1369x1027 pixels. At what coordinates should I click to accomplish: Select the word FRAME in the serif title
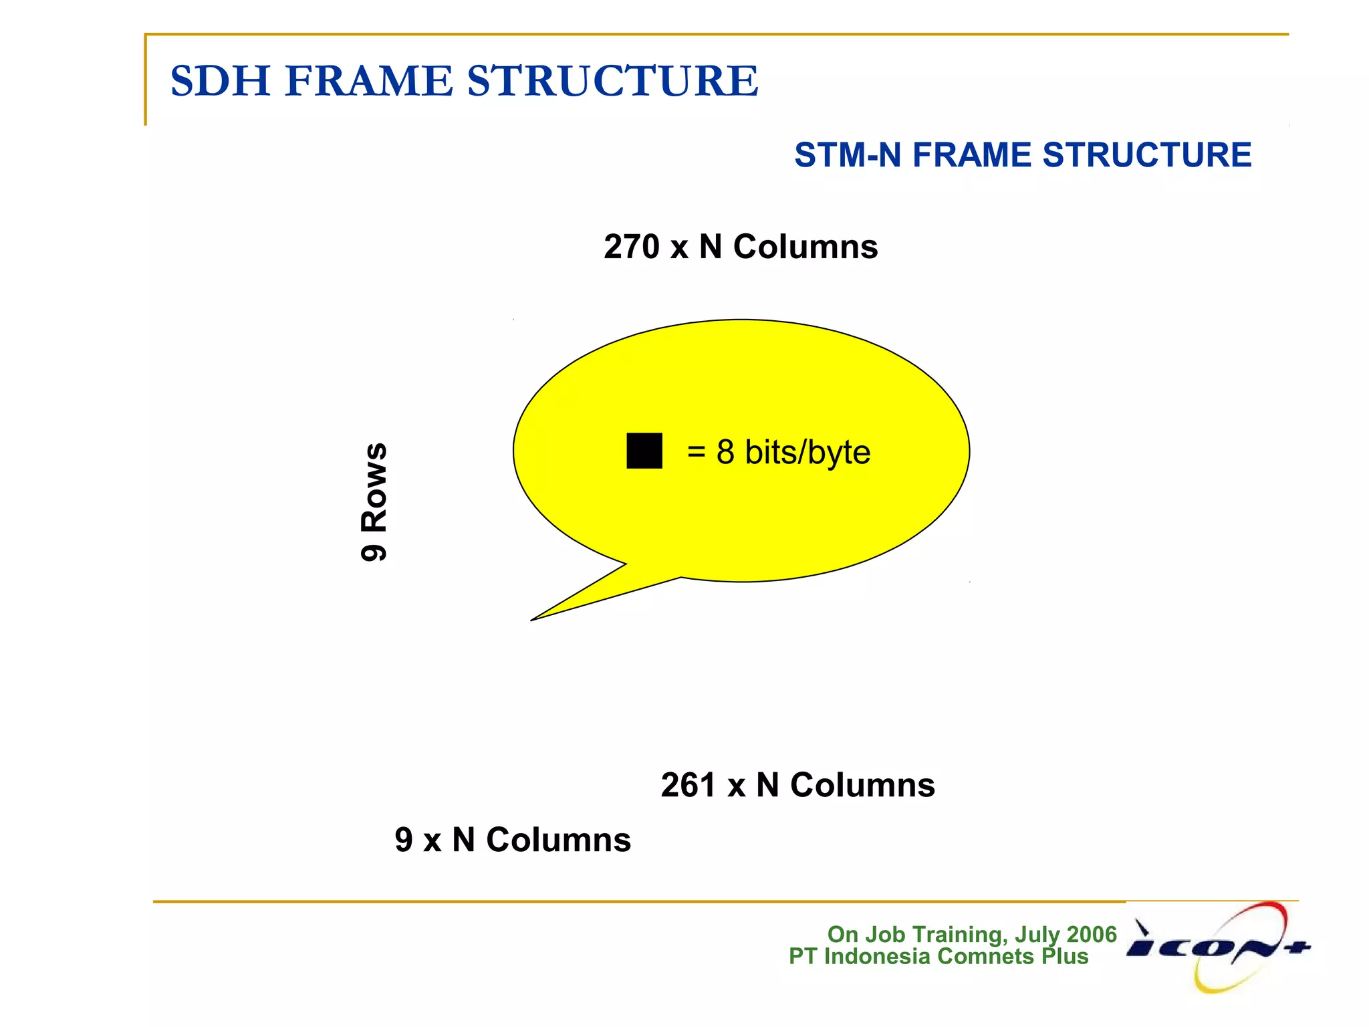coord(369,81)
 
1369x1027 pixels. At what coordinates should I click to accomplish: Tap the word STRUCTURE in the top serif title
coord(612,81)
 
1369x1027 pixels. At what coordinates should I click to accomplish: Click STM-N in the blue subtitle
coord(847,155)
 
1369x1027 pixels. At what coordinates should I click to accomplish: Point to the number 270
coord(631,247)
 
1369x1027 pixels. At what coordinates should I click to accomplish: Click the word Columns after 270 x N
coord(805,247)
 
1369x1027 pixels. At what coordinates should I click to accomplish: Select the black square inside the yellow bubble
coord(644,451)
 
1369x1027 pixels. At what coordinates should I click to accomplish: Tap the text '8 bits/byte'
coord(793,452)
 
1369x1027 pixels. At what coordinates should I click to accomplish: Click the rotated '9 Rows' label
coord(374,501)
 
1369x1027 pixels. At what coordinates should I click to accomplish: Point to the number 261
coord(689,785)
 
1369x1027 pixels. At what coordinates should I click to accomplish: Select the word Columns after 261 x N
coord(862,785)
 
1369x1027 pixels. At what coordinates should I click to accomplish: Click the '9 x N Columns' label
coord(513,840)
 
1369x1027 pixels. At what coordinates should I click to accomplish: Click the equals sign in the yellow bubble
coord(696,452)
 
